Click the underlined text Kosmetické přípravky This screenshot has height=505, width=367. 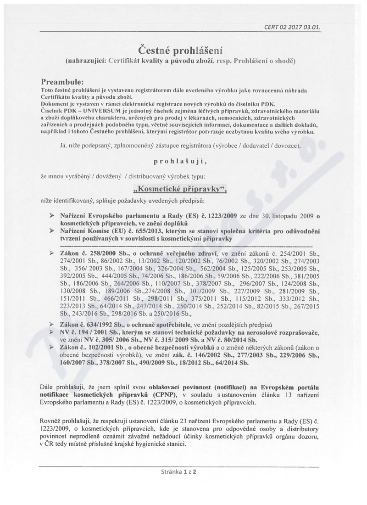[x=183, y=189]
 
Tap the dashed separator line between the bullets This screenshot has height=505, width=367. [x=183, y=246]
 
